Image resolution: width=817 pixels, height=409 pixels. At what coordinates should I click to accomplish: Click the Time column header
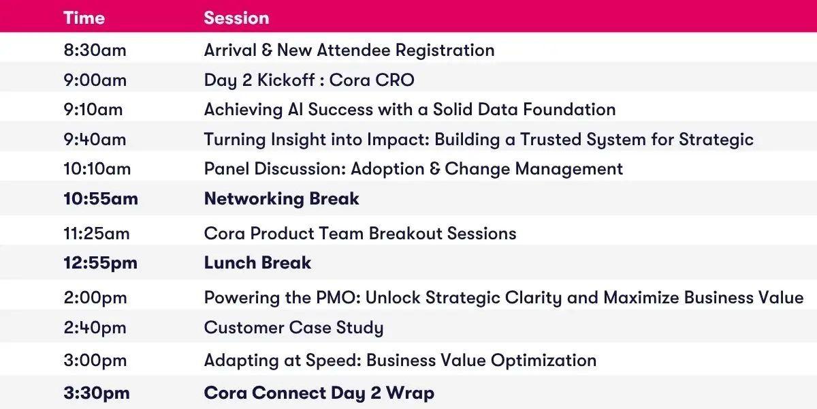(x=84, y=18)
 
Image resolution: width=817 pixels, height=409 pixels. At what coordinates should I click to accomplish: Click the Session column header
(x=236, y=18)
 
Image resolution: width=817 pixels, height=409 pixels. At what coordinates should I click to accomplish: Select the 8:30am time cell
(x=95, y=50)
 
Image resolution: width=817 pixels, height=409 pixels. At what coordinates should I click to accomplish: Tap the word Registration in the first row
(x=445, y=50)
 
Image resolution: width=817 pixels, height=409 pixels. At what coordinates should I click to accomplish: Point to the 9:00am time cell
(x=95, y=80)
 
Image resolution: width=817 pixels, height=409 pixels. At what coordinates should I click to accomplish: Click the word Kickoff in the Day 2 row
(x=287, y=80)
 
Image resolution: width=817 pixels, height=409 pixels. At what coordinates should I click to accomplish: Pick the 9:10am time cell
(x=93, y=110)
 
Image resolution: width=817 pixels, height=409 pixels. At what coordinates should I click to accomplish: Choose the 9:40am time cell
(x=95, y=140)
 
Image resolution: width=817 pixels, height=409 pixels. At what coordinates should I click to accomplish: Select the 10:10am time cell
(x=97, y=169)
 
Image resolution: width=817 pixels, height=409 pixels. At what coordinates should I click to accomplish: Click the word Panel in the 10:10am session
(x=226, y=169)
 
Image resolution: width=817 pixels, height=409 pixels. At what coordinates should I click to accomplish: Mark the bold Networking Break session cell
(x=282, y=198)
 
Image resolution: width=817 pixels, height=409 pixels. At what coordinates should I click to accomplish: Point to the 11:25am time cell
(x=96, y=234)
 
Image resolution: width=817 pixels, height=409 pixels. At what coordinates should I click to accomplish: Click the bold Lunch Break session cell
(x=257, y=263)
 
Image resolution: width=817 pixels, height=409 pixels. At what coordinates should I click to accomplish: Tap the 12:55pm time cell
(x=100, y=263)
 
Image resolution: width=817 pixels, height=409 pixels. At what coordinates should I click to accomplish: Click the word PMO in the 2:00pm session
(x=338, y=298)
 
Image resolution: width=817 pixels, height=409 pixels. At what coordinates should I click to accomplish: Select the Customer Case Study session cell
(x=293, y=328)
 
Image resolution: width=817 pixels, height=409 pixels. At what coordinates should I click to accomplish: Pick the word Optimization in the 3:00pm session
(x=543, y=361)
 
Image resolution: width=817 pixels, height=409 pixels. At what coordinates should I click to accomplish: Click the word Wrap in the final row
(x=411, y=393)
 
